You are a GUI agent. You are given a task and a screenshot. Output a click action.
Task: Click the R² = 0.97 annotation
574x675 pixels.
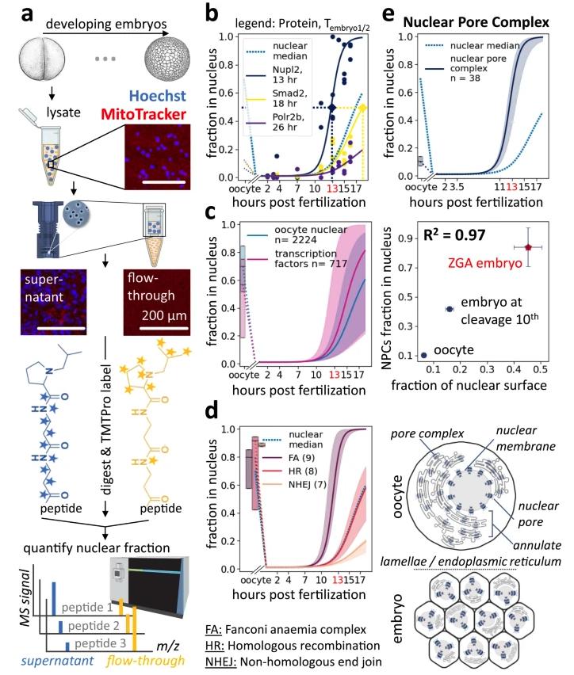[x=430, y=235]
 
